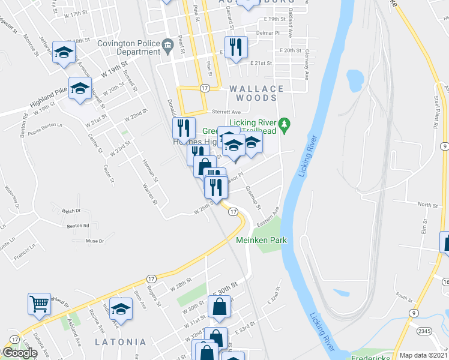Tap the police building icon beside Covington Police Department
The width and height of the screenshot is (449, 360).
[x=169, y=43]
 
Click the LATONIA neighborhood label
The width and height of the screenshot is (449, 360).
[x=120, y=342]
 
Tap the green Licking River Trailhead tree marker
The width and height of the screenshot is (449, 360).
[x=287, y=124]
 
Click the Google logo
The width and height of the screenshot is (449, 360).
[x=20, y=353]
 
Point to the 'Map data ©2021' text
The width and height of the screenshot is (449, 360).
[x=424, y=355]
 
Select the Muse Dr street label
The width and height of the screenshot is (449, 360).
[x=95, y=241]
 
